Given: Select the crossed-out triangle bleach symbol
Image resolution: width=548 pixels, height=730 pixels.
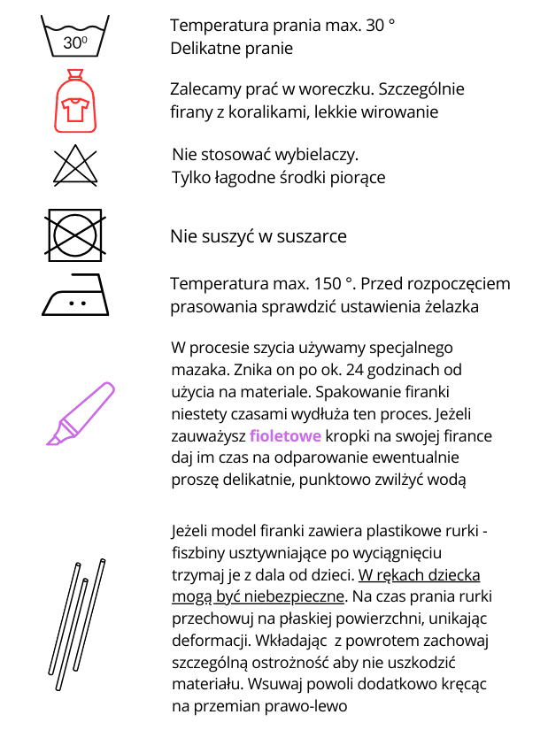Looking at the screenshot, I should coord(76,165).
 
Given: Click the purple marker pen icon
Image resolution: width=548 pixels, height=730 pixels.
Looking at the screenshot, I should coord(81,412).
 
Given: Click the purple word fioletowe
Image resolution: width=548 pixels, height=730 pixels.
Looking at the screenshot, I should coord(285,436).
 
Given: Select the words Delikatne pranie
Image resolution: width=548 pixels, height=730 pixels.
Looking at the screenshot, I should coord(231,48).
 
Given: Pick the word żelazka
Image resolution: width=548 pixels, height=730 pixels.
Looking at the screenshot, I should coord(451,307).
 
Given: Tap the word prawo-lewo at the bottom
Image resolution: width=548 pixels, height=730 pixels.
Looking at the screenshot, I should coord(305,705).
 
